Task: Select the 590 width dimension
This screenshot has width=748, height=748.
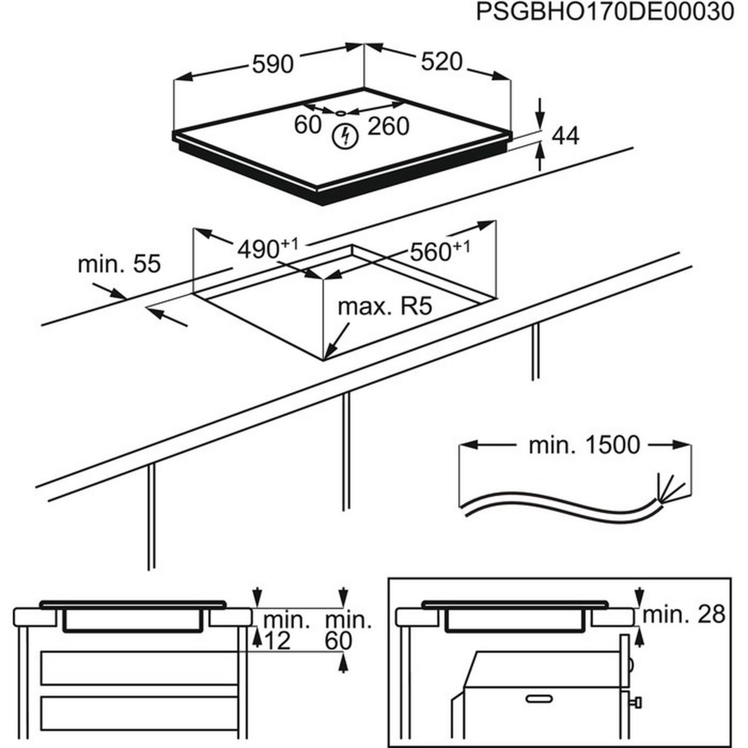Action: [272, 64]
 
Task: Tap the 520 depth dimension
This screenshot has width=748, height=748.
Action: [441, 62]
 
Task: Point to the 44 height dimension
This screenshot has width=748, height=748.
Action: [565, 136]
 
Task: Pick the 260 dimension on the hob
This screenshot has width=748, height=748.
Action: [388, 126]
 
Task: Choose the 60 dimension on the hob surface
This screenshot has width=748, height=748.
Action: [308, 125]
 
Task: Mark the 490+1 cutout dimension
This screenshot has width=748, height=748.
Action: [267, 249]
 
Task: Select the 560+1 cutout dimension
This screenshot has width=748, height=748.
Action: [439, 252]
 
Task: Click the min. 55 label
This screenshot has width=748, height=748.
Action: [119, 264]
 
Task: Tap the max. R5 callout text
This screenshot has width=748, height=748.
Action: [385, 307]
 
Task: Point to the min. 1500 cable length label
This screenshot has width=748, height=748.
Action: [584, 445]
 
